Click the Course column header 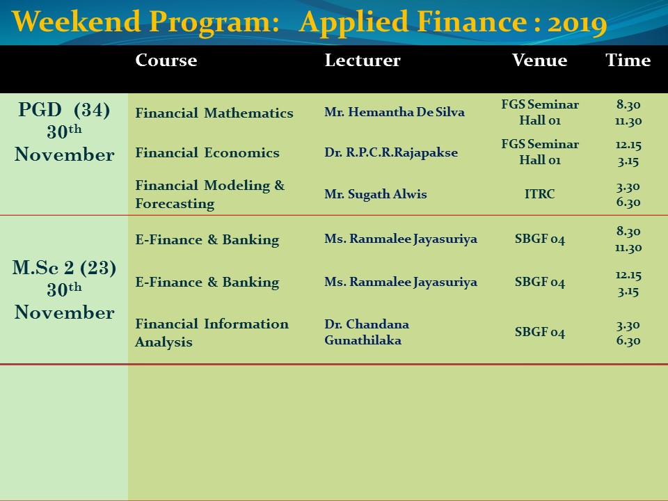pyautogui.click(x=166, y=60)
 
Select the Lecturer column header pyautogui.click(x=363, y=60)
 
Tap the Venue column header pyautogui.click(x=539, y=60)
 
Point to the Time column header pyautogui.click(x=628, y=60)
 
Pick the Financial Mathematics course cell pyautogui.click(x=214, y=113)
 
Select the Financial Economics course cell pyautogui.click(x=207, y=152)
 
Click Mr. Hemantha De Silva pyautogui.click(x=395, y=112)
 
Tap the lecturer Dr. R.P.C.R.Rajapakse pyautogui.click(x=391, y=152)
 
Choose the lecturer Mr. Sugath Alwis pyautogui.click(x=375, y=194)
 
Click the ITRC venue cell pyautogui.click(x=539, y=194)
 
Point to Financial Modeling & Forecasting pyautogui.click(x=210, y=194)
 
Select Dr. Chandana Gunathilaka pyautogui.click(x=367, y=332)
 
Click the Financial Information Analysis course pyautogui.click(x=212, y=333)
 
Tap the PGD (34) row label pyautogui.click(x=64, y=110)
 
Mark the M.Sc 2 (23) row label pyautogui.click(x=64, y=268)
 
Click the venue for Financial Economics pyautogui.click(x=540, y=152)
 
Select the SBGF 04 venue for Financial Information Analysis pyautogui.click(x=540, y=332)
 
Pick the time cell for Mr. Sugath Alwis pyautogui.click(x=628, y=194)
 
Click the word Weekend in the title pyautogui.click(x=77, y=22)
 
